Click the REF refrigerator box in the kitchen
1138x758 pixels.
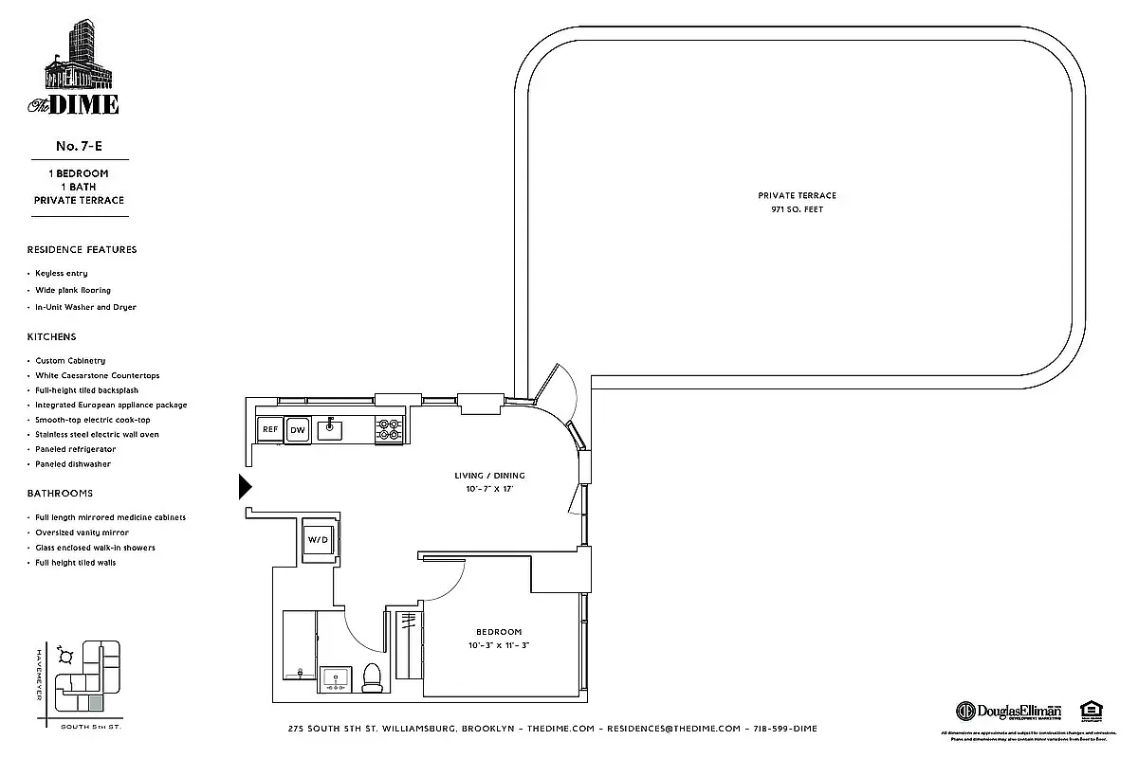(269, 429)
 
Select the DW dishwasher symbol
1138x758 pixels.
(298, 429)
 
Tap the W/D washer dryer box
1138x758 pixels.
(316, 539)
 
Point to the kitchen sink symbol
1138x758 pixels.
(331, 428)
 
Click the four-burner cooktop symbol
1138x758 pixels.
(389, 429)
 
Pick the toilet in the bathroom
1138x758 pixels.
(373, 676)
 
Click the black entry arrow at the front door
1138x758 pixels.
(245, 487)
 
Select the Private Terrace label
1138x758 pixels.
(797, 195)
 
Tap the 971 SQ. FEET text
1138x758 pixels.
(797, 209)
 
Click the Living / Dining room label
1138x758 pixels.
(489, 476)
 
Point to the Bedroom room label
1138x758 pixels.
(498, 632)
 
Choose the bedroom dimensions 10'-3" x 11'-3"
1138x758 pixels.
(498, 645)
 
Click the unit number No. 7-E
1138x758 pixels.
(79, 146)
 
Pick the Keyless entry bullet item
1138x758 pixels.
(62, 273)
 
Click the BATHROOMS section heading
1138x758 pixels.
(61, 494)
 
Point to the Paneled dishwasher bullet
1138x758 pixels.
(73, 464)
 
